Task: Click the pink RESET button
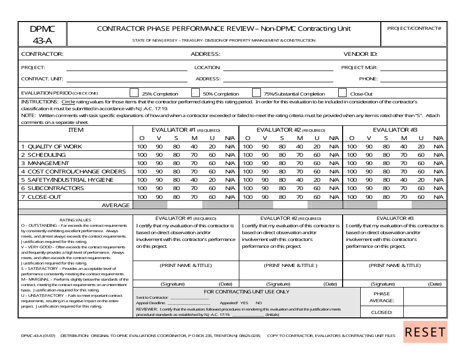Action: tap(425, 332)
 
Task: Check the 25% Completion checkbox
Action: tap(134, 93)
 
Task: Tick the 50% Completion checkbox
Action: tap(195, 93)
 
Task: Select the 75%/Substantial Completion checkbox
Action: tap(256, 93)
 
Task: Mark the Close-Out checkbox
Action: tap(343, 93)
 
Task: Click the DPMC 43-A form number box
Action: tap(43, 34)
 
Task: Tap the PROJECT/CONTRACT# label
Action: tap(414, 28)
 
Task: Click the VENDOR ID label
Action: tap(360, 54)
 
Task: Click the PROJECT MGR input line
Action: tap(413, 68)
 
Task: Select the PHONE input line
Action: tap(413, 79)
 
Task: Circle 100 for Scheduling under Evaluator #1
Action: tap(142, 155)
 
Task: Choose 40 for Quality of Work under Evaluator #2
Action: tap(300, 146)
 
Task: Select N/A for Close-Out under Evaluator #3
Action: tap(438, 196)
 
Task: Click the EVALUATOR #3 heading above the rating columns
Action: tap(395, 130)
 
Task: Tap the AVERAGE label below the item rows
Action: tap(116, 205)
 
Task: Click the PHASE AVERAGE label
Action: tap(381, 297)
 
